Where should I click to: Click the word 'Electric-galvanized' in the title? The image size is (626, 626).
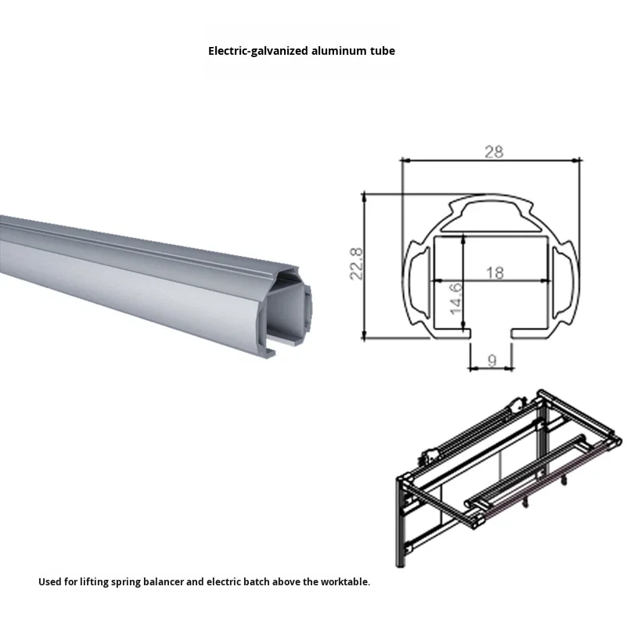pos(259,51)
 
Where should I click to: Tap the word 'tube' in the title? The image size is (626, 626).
pos(383,51)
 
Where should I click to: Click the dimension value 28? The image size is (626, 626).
pos(493,152)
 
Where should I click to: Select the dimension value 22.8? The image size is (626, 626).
pos(356,264)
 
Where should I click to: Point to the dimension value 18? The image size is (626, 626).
pos(495,272)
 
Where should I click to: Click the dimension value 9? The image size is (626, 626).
pos(491,361)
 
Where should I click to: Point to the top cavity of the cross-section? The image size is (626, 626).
pos(491,215)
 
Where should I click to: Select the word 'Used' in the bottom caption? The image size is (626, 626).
pos(49,582)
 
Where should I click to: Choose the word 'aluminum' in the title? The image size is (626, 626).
pos(340,51)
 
